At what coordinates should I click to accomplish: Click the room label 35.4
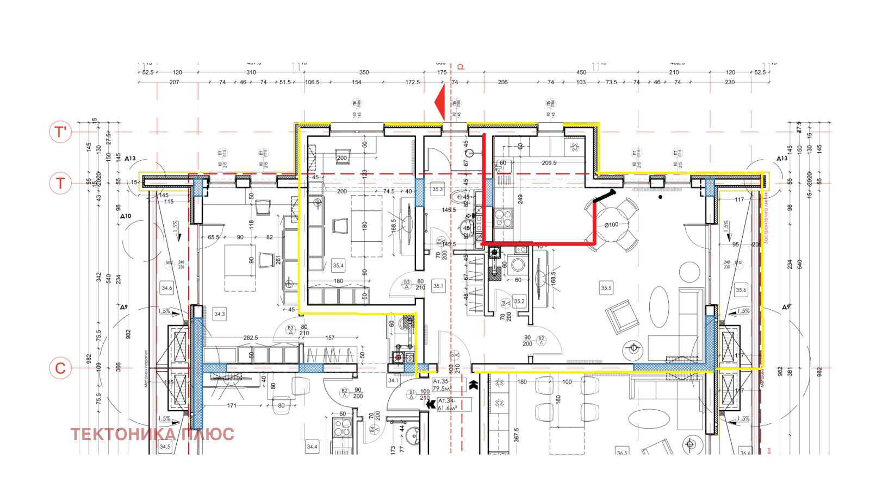click(338, 266)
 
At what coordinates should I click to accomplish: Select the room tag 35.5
click(606, 288)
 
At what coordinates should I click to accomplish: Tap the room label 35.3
click(437, 190)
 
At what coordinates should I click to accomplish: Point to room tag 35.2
click(519, 301)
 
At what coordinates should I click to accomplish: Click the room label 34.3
click(219, 314)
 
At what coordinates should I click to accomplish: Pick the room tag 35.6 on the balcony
click(741, 290)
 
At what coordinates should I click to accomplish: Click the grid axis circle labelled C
click(60, 368)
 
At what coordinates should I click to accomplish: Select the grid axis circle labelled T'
click(60, 132)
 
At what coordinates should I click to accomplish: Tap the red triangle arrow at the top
click(440, 102)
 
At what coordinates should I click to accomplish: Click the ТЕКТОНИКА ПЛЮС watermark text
click(152, 434)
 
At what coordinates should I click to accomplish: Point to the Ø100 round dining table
click(611, 224)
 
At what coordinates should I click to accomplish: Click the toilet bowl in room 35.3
click(463, 197)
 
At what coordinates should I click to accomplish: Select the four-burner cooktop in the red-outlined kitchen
click(502, 218)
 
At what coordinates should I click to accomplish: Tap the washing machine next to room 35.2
click(518, 265)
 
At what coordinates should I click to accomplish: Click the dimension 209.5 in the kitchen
click(549, 162)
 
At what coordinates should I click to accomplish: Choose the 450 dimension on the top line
click(581, 72)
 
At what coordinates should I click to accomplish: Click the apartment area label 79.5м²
click(441, 388)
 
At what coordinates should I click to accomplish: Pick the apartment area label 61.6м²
click(448, 408)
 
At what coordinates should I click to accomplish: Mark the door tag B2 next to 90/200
click(540, 339)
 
